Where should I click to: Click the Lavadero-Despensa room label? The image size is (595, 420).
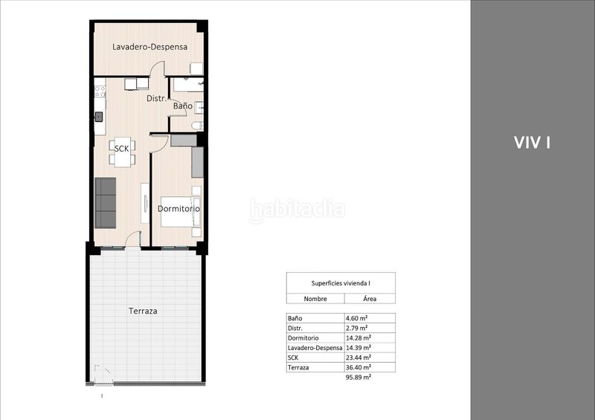(150, 47)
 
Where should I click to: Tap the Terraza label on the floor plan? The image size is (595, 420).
(143, 311)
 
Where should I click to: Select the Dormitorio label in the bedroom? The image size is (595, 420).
(178, 209)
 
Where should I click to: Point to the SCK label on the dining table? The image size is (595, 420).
(122, 149)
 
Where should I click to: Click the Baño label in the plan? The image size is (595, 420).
(183, 106)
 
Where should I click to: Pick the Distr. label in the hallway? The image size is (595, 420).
(156, 99)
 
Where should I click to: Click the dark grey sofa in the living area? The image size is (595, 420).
(105, 203)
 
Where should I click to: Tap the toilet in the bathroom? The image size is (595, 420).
(198, 125)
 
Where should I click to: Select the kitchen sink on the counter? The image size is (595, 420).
(99, 117)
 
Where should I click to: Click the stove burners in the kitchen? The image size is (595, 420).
(100, 91)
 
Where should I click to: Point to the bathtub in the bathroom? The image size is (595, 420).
(189, 85)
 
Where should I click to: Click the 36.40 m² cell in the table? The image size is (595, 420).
(358, 367)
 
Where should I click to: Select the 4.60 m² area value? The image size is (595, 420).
(356, 318)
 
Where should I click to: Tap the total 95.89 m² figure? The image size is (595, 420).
(358, 377)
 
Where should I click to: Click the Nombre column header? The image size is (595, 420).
(315, 299)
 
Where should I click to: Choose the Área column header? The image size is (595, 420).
(370, 299)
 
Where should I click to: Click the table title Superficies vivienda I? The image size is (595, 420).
(341, 283)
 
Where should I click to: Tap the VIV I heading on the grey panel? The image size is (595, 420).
(532, 143)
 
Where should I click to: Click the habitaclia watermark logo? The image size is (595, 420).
(297, 210)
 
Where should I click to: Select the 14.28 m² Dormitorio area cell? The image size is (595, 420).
(358, 337)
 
